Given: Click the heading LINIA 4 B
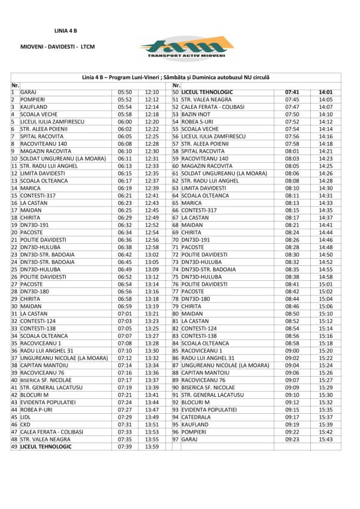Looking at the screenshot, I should click(66, 29).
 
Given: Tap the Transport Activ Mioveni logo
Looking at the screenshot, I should click(185, 47).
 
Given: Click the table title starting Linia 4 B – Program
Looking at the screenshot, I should click(176, 78).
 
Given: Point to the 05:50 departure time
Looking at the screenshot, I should click(125, 92).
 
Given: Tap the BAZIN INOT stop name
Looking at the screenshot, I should click(196, 114).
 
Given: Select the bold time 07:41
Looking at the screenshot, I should click(292, 92).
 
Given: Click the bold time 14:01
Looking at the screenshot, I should click(325, 92).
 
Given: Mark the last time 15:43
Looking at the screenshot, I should click(325, 439).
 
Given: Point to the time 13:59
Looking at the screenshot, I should click(152, 447).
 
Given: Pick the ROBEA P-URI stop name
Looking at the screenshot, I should click(38, 410).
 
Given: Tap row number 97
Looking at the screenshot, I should click(176, 439).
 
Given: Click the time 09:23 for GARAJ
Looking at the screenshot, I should click(292, 439).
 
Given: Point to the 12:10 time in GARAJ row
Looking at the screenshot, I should click(152, 92).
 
